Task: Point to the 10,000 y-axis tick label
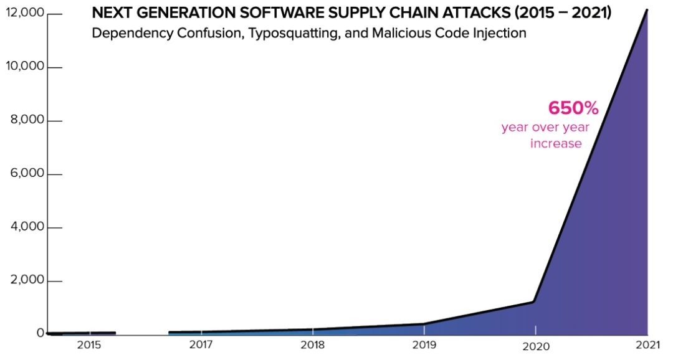(x=24, y=67)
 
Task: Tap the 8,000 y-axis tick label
(x=27, y=121)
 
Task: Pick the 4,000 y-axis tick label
(x=27, y=227)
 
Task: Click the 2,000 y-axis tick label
(x=27, y=281)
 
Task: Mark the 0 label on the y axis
(x=40, y=333)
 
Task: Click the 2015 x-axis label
(x=89, y=346)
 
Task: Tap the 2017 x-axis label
(x=201, y=346)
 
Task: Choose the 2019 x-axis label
(x=424, y=346)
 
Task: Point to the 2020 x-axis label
(x=535, y=346)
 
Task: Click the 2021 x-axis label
(x=647, y=346)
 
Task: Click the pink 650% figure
(x=573, y=108)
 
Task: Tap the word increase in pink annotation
(x=556, y=144)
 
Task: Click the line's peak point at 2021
(x=647, y=10)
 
